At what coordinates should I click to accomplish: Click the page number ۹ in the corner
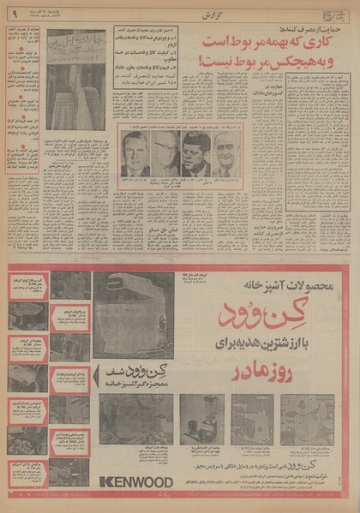tap(12, 14)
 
